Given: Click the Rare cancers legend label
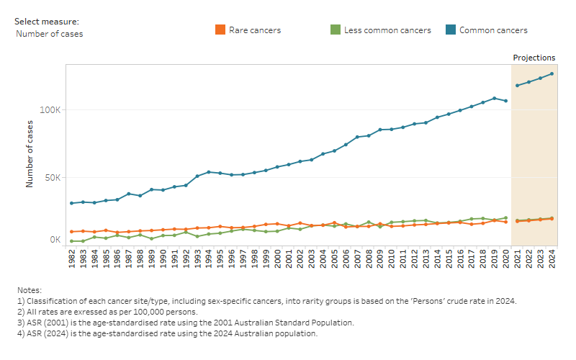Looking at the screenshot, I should tap(254, 30).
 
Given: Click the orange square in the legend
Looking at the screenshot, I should tap(220, 30).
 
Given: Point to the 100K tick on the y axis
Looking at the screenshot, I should tap(50, 110).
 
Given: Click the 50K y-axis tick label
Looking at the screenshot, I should tap(53, 178).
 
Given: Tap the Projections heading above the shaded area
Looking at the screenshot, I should tap(534, 58).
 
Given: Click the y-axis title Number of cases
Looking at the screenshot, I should tap(30, 153).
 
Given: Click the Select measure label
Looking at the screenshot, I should tap(47, 22).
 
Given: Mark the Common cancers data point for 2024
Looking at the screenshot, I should tap(552, 73).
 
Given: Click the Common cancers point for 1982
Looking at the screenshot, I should tap(71, 203).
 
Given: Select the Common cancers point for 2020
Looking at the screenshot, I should tap(505, 101).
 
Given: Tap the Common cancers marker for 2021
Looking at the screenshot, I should tap(517, 86).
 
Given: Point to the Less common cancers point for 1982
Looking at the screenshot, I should tap(71, 241).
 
